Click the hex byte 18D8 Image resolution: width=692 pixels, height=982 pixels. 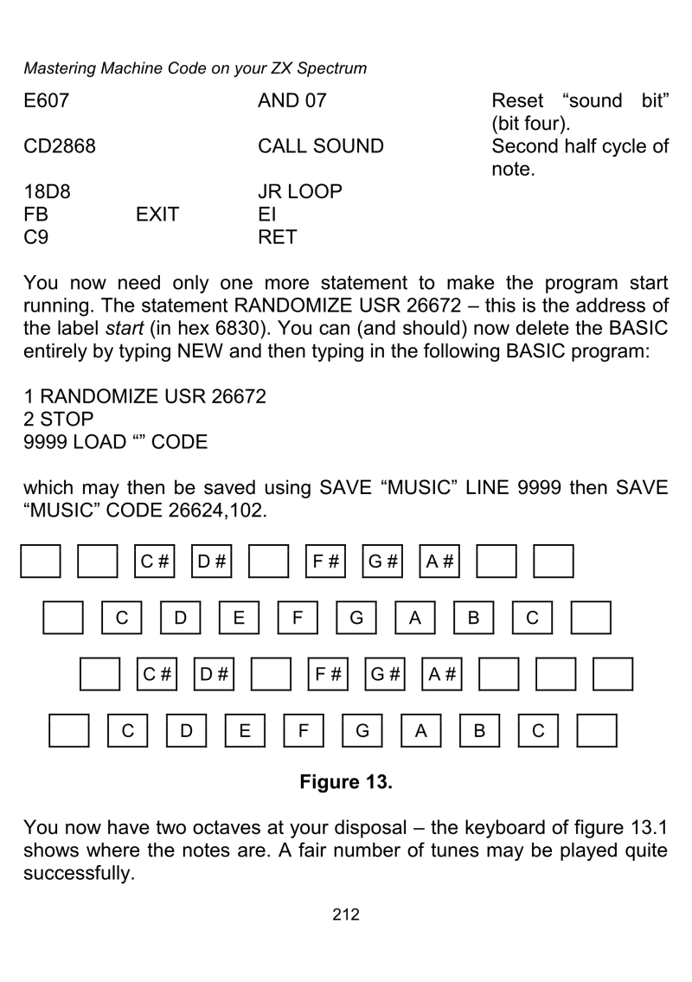(x=42, y=190)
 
